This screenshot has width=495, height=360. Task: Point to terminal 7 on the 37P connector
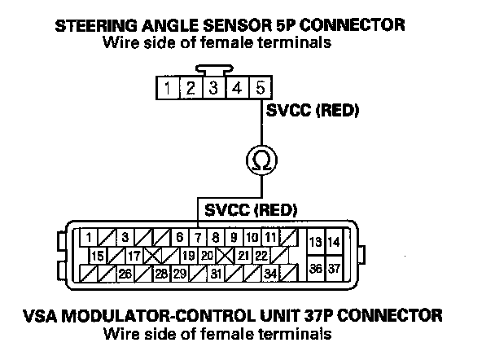(197, 237)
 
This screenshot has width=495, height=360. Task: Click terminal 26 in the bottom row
(125, 273)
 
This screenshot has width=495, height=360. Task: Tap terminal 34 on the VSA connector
(269, 273)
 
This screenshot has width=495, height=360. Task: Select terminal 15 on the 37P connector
(97, 255)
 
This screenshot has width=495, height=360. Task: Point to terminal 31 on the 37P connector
(216, 273)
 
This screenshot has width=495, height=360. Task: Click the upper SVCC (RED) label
(302, 110)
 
